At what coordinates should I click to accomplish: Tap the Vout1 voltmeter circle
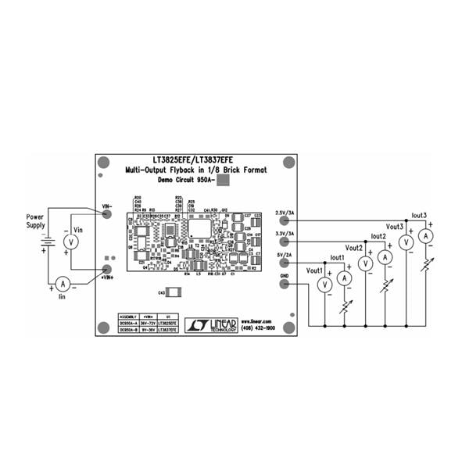(x=324, y=285)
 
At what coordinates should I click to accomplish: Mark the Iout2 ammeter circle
(x=384, y=257)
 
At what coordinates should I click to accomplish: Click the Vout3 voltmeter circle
(x=406, y=243)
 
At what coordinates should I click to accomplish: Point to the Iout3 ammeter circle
(x=425, y=235)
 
